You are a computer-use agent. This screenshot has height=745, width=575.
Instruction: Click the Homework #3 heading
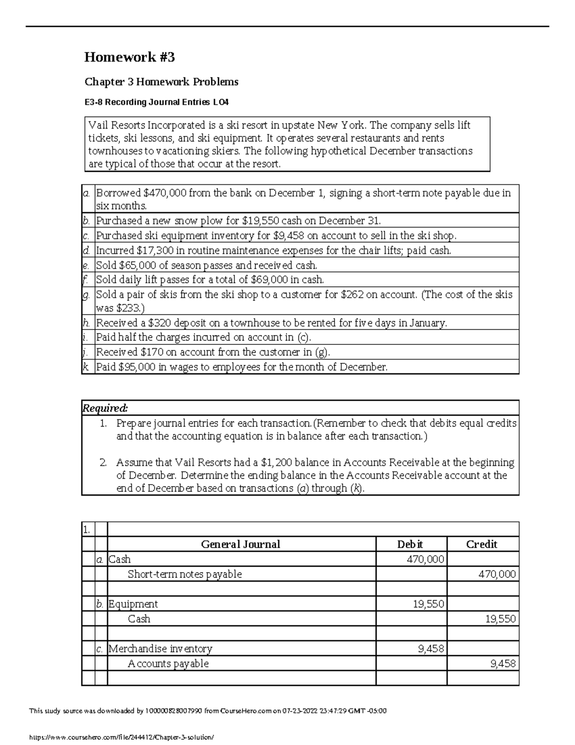point(129,58)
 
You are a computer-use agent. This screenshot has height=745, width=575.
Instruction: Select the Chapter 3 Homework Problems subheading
point(161,82)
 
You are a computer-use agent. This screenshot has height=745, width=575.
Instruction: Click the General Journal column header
point(241,544)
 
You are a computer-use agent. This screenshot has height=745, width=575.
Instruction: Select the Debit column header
point(410,544)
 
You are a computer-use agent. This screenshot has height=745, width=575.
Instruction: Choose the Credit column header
point(482,544)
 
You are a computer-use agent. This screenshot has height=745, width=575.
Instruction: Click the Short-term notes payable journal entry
point(184,574)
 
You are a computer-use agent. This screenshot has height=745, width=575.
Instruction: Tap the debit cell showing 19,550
point(428,604)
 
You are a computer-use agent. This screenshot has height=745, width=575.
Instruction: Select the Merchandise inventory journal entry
point(161,649)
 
